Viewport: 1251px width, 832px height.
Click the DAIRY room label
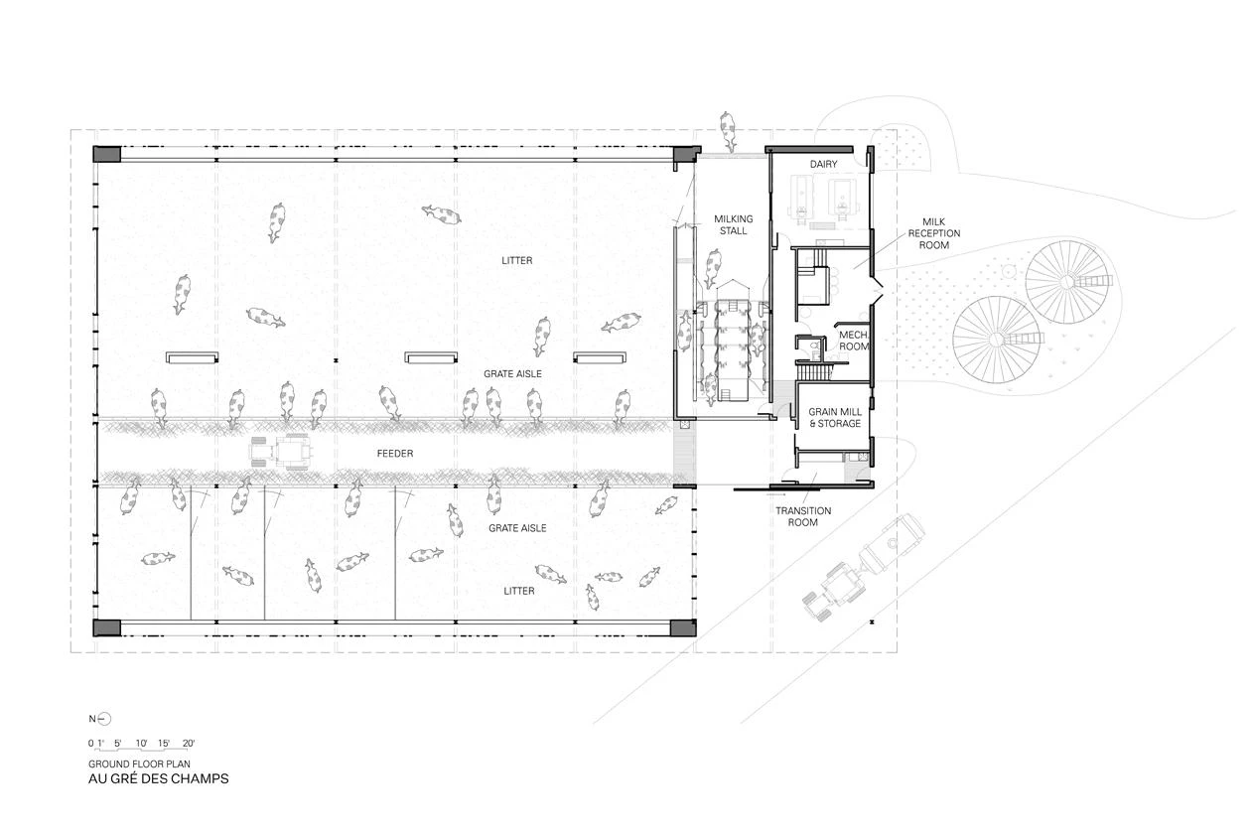coord(823,164)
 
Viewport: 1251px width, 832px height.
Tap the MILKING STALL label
coord(734,225)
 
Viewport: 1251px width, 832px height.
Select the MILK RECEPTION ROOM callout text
coord(933,233)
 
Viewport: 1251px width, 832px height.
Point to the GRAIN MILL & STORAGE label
coord(835,418)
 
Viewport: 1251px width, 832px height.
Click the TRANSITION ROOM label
coord(803,516)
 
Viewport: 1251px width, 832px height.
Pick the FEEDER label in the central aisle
coord(395,454)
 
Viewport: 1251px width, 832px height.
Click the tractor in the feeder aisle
coord(280,450)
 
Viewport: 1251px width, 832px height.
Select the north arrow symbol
coord(104,719)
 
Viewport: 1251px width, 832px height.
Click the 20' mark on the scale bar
coord(189,744)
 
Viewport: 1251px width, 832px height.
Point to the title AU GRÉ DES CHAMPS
coord(159,779)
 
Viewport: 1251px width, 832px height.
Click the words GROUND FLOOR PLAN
coord(139,763)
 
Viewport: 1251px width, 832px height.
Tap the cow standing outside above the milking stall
coord(727,131)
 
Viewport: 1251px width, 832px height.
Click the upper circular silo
coord(1068,281)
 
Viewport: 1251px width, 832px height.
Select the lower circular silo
coord(997,340)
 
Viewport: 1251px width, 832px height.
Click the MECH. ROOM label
coord(854,341)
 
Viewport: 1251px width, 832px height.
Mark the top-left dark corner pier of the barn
coord(106,154)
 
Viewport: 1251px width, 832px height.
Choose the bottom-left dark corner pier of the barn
coord(106,627)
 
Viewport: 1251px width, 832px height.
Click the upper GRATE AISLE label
coord(512,374)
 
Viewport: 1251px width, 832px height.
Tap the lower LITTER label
coord(519,591)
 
